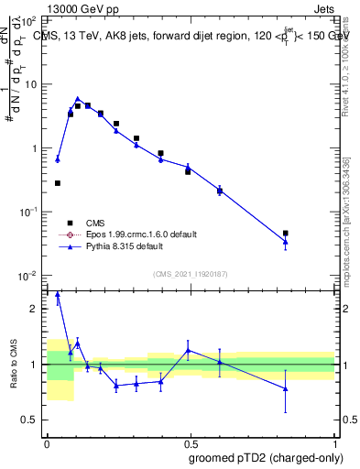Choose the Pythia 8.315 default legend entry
pyautogui.click(x=108, y=246)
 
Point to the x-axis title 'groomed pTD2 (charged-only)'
pyautogui.click(x=267, y=457)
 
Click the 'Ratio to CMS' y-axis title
pyautogui.click(x=14, y=365)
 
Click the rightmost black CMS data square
pyautogui.click(x=286, y=234)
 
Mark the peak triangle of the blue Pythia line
pyautogui.click(x=78, y=99)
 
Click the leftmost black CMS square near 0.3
pyautogui.click(x=58, y=183)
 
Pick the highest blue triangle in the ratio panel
pyautogui.click(x=58, y=295)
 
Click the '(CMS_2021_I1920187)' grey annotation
pyautogui.click(x=191, y=272)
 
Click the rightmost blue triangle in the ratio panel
pyautogui.click(x=286, y=388)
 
